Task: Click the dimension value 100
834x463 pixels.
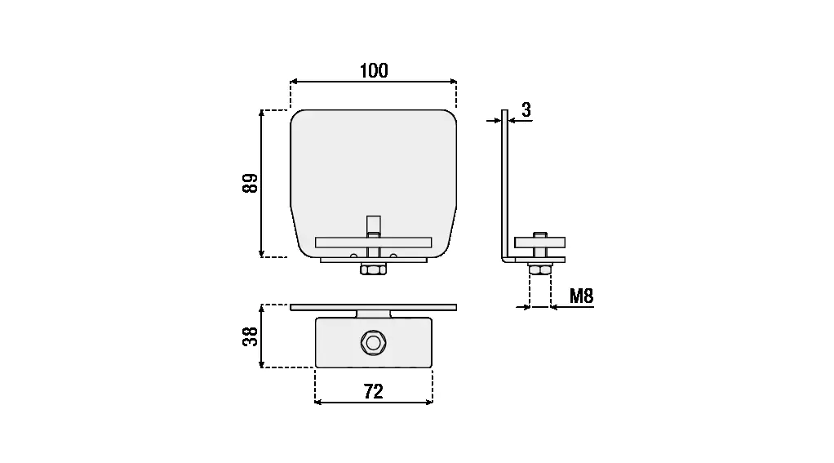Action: (x=374, y=71)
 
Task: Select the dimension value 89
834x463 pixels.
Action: (x=250, y=183)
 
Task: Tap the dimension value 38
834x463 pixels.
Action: (x=250, y=336)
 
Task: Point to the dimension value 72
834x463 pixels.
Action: (x=374, y=392)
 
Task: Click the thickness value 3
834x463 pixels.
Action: (x=526, y=109)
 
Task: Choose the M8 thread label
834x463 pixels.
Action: (x=581, y=296)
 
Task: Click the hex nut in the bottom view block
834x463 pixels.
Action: (x=374, y=343)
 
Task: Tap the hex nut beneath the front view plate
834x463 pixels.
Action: (x=374, y=269)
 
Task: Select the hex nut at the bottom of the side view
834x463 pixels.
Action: (x=540, y=269)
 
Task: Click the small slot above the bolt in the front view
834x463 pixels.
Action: (x=374, y=224)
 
